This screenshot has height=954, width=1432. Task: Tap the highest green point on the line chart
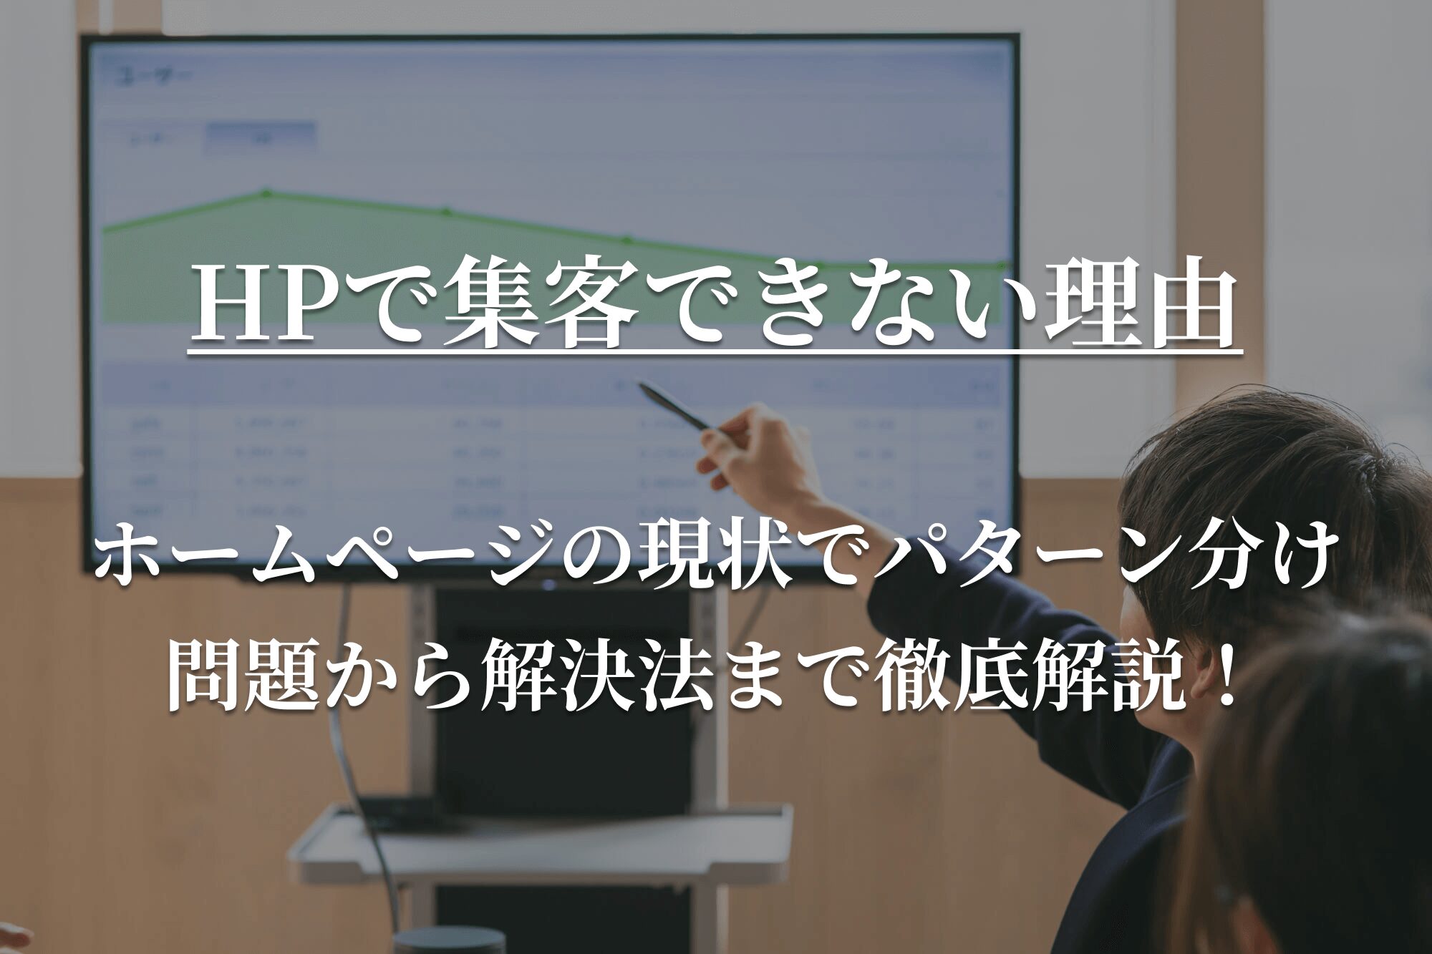click(266, 193)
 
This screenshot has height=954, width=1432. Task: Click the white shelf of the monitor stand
click(544, 841)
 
